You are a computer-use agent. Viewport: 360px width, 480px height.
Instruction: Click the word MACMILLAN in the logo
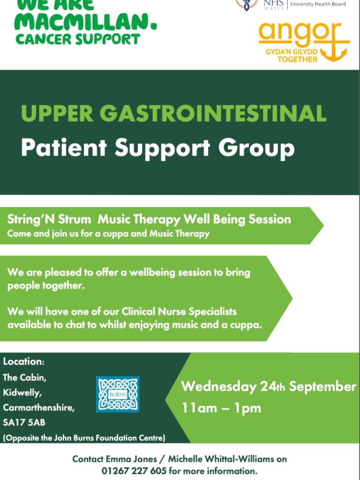[85, 22]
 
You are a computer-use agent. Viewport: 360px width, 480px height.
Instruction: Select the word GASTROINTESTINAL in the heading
[213, 113]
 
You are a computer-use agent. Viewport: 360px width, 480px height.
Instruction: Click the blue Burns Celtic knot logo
[118, 394]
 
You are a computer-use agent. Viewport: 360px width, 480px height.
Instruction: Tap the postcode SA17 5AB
[24, 422]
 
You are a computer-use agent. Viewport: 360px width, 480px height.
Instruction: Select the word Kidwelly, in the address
[22, 393]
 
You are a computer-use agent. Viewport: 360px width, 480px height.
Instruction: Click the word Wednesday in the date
[218, 387]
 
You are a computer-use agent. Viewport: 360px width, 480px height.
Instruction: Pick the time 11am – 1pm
[221, 408]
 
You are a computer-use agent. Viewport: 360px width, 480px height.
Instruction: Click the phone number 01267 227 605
[135, 470]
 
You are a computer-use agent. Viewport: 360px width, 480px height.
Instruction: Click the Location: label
[24, 361]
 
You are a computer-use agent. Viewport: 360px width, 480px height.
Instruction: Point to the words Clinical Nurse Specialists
[179, 312]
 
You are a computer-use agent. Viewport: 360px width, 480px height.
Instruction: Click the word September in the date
[322, 387]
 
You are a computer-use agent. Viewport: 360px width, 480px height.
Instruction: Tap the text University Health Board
[318, 4]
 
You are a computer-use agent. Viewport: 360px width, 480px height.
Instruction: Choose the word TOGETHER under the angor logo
[297, 59]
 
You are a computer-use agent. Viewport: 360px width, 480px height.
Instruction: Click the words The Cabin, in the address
[24, 377]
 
